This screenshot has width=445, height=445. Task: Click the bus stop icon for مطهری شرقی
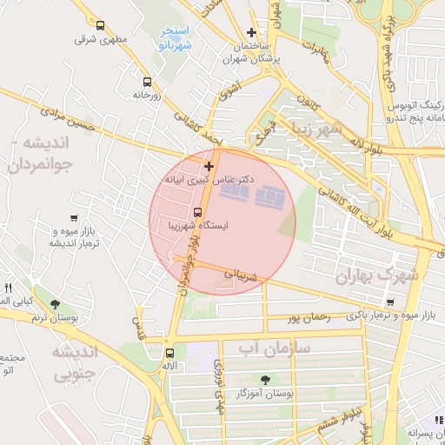[101, 26]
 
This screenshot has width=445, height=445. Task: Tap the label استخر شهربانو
[175, 37]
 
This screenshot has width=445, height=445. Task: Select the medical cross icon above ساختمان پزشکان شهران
[252, 32]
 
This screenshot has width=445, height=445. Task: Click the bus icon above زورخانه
[146, 83]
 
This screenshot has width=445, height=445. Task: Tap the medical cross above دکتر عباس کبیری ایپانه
[209, 165]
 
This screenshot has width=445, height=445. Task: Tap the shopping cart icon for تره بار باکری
[390, 302]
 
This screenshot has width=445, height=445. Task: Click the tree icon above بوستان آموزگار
[265, 380]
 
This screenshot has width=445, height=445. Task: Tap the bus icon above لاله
[169, 353]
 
